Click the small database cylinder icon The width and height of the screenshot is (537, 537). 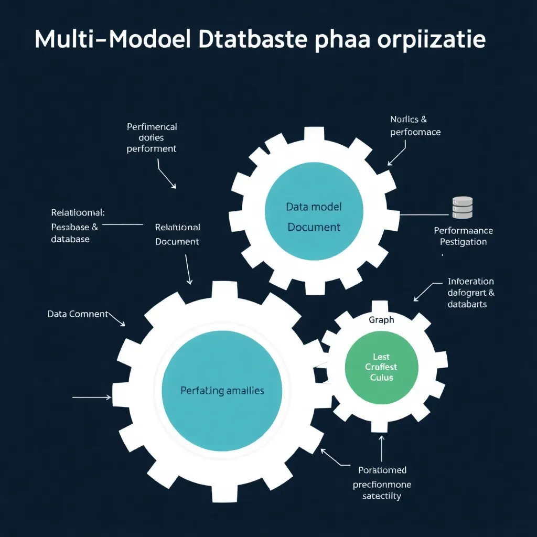462,207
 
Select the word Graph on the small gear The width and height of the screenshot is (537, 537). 381,319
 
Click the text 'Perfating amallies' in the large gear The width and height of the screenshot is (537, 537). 222,390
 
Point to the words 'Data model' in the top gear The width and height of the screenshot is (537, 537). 314,207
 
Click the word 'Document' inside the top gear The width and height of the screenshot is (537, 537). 314,227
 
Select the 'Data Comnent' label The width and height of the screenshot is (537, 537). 78,314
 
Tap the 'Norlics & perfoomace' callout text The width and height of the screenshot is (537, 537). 415,126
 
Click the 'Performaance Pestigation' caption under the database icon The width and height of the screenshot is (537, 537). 463,236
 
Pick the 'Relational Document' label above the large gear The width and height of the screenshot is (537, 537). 177,234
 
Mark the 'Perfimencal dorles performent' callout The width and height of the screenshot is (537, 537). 152,137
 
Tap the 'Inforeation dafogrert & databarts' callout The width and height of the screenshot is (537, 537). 470,293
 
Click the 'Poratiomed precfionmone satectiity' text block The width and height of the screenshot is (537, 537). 382,483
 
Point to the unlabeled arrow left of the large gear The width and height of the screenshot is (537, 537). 92,398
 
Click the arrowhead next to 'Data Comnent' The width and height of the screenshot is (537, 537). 122,324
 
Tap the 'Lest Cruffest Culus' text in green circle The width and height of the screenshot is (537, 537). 381,367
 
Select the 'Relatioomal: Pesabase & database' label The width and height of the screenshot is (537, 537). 77,225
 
